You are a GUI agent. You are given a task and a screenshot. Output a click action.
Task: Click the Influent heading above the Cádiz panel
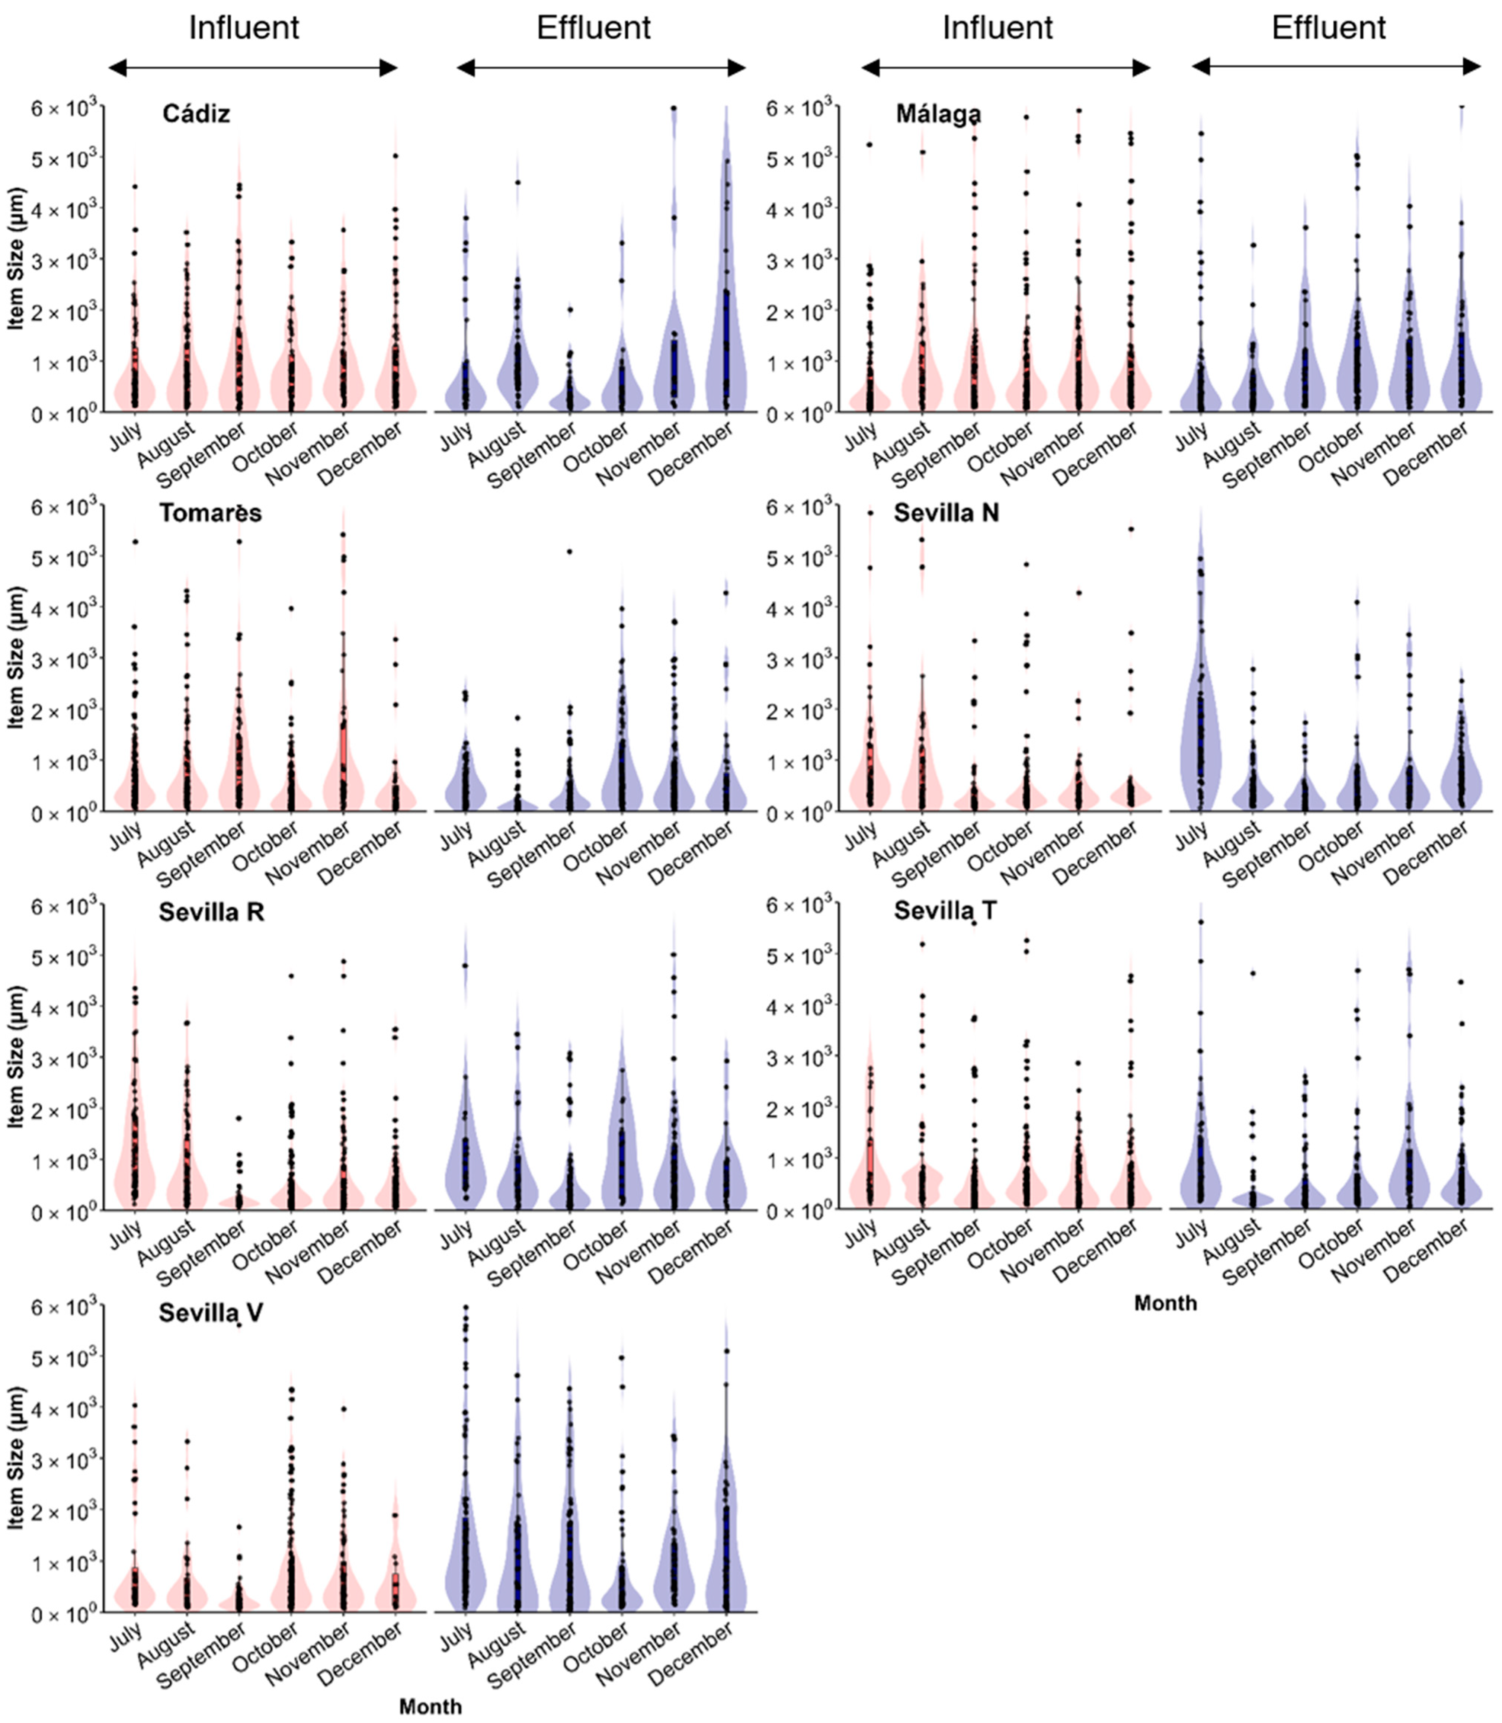[244, 28]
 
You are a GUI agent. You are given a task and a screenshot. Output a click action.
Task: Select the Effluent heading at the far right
[1329, 28]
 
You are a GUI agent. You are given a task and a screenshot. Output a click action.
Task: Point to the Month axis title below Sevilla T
[1165, 1303]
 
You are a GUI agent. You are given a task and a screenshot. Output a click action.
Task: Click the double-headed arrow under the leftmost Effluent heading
[601, 68]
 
